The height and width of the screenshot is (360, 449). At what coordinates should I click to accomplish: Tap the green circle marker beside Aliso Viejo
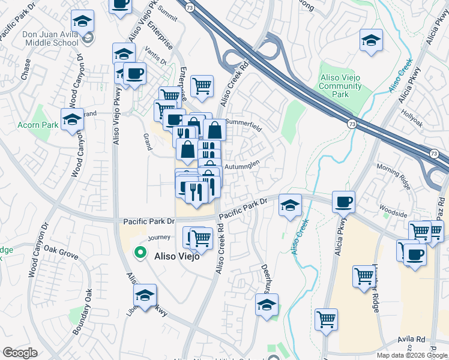140,253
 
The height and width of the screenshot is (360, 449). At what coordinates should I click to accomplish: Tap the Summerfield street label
243,128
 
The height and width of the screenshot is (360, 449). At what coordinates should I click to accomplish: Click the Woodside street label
394,214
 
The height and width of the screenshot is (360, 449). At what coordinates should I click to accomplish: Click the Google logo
20,353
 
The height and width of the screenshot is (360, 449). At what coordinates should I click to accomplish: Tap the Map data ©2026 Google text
412,355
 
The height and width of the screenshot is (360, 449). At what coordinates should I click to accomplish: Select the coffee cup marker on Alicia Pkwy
343,202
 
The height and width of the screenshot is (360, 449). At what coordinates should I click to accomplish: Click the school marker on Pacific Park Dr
290,205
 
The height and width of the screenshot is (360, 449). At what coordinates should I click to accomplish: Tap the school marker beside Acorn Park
72,119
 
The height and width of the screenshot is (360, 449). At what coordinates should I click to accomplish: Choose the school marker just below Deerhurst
267,304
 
